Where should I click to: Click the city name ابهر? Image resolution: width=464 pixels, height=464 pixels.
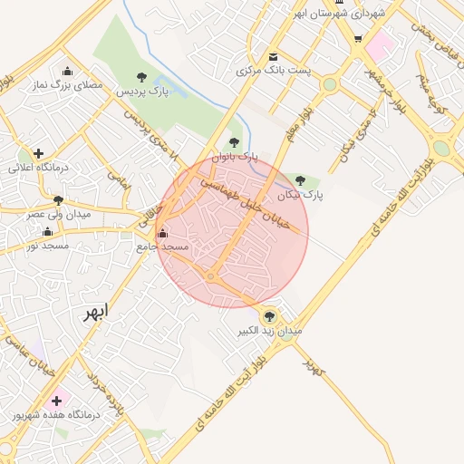tap(94, 313)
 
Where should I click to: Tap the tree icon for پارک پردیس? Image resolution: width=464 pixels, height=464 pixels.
tap(140, 77)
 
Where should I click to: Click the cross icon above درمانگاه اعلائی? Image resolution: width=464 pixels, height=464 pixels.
tap(38, 153)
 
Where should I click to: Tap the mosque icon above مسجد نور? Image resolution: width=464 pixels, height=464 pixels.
tap(47, 232)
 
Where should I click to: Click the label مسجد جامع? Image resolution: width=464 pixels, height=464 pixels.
tap(162, 246)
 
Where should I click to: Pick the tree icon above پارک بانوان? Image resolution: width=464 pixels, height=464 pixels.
tap(235, 141)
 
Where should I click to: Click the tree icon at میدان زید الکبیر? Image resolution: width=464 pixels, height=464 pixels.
tap(268, 315)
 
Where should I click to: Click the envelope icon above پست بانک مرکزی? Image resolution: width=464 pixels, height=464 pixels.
tap(273, 56)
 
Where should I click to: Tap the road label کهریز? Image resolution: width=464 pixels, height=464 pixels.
tap(314, 367)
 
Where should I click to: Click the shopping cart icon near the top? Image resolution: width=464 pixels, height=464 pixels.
tap(358, 38)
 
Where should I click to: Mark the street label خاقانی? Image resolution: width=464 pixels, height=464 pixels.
tap(149, 214)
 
